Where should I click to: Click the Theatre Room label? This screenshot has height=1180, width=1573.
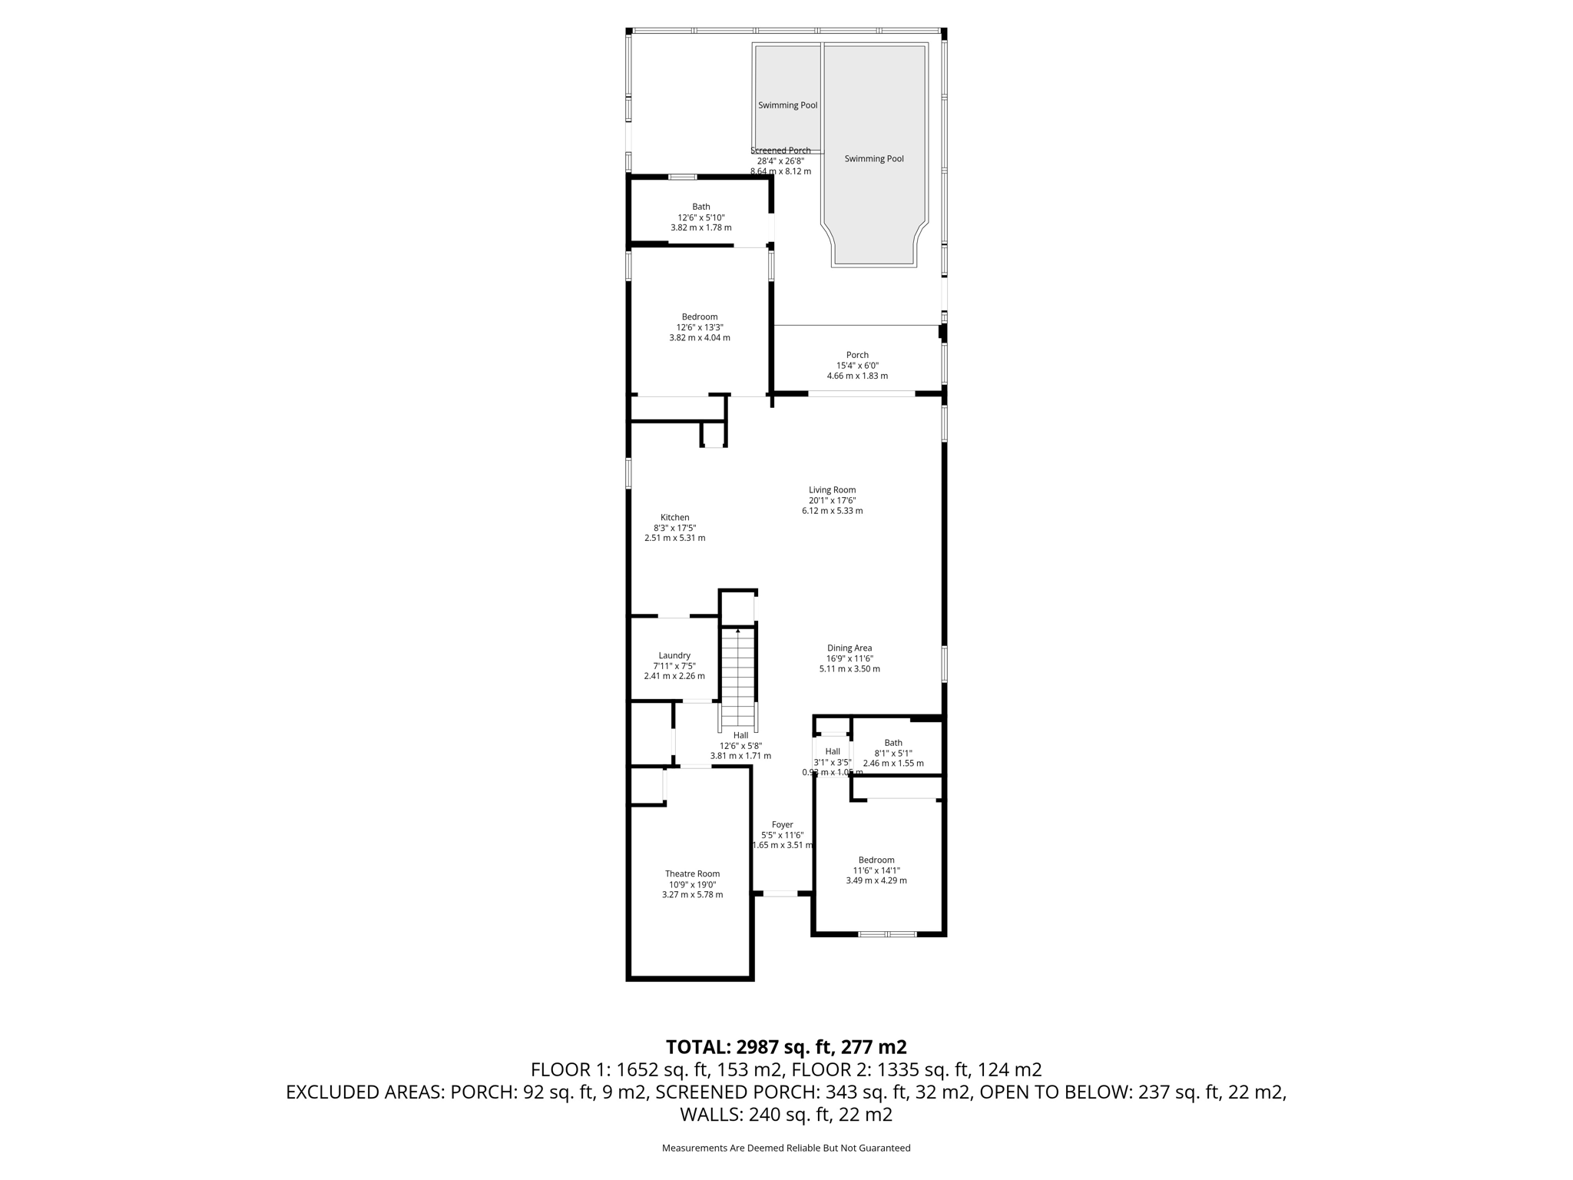[692, 873]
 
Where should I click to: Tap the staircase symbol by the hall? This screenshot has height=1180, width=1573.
[737, 680]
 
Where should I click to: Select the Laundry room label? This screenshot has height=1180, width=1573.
[674, 655]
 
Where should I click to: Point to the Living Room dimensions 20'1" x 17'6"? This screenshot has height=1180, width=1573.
[832, 500]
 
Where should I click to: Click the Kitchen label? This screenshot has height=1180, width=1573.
[675, 517]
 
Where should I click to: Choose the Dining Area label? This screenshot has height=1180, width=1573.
[849, 648]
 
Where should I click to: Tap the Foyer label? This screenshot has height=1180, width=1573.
[782, 824]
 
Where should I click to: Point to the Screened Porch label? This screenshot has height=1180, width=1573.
[780, 151]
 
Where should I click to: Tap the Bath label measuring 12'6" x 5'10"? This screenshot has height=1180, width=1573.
[700, 207]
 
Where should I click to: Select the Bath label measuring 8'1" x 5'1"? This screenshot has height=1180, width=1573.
[893, 742]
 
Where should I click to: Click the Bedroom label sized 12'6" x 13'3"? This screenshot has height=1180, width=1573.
[699, 317]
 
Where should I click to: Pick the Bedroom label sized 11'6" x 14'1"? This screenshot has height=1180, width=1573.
[876, 860]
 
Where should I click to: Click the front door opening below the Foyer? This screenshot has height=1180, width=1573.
[780, 893]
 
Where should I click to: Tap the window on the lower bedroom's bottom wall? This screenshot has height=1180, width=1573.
[887, 934]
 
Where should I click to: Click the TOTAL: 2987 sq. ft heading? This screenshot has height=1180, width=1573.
[786, 1046]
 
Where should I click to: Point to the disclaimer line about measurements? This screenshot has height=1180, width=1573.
[786, 1148]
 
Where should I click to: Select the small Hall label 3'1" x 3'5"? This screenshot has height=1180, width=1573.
[833, 751]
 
